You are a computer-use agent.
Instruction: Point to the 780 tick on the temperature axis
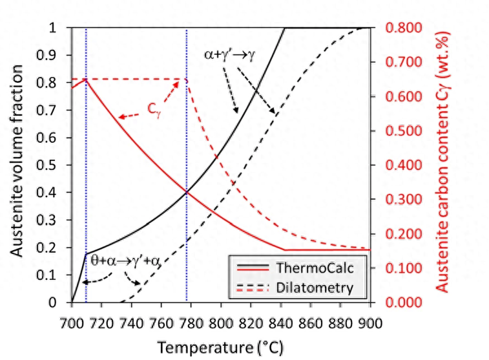[191, 321]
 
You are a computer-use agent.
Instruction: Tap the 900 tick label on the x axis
[370, 321]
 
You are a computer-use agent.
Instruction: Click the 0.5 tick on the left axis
[57, 165]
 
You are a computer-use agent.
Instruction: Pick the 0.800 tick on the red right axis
[404, 28]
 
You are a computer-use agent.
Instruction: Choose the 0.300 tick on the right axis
[404, 200]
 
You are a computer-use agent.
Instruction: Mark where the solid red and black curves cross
[187, 192]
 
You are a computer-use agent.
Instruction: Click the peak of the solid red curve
[86, 79]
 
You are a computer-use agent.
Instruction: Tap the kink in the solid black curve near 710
[87, 254]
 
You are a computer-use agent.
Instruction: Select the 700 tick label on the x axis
[72, 321]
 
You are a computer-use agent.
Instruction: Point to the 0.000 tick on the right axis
[404, 302]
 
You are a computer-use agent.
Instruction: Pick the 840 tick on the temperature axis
[280, 321]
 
